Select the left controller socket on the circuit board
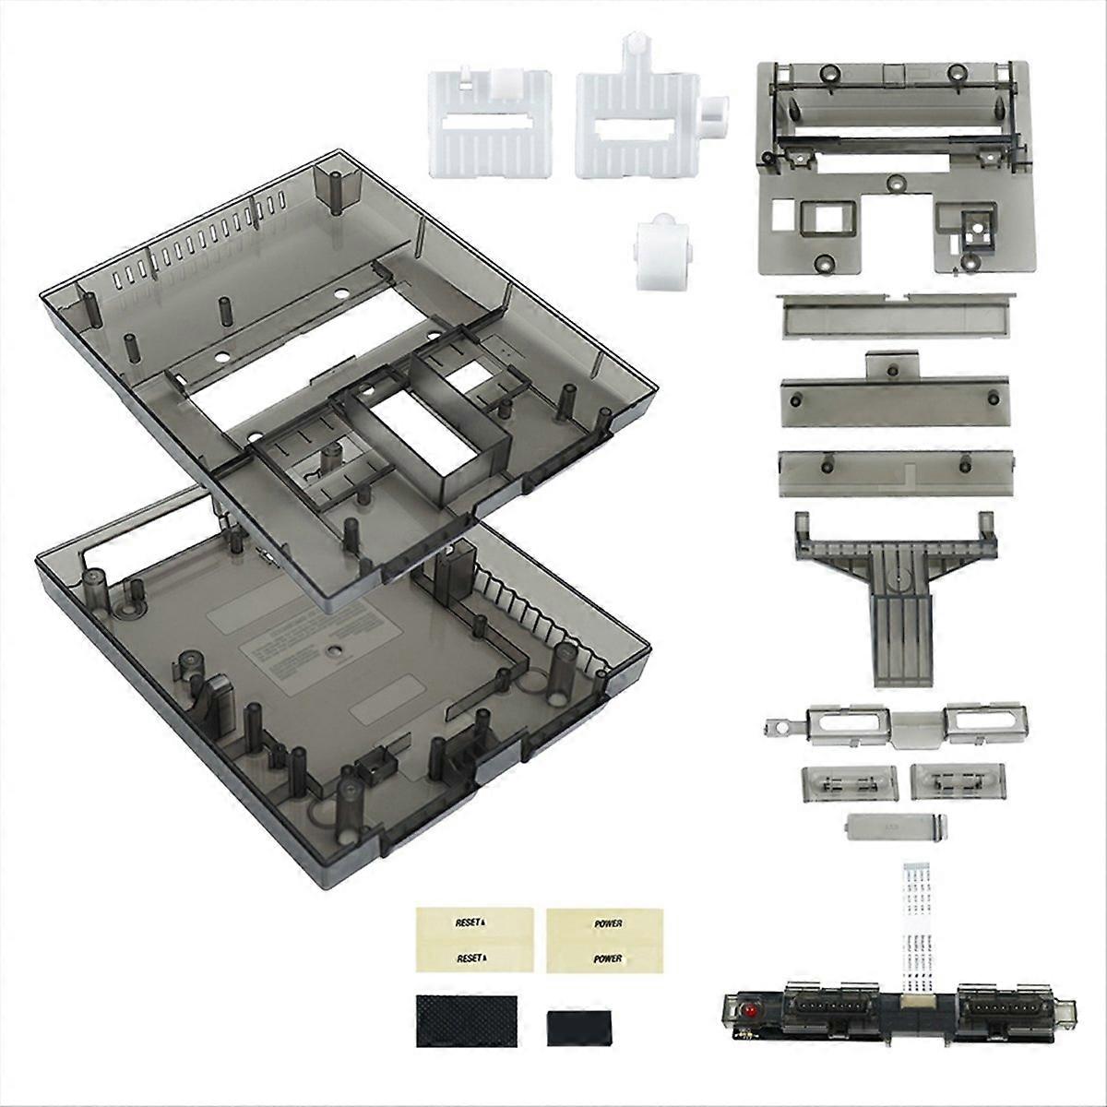pos(820,1007)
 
